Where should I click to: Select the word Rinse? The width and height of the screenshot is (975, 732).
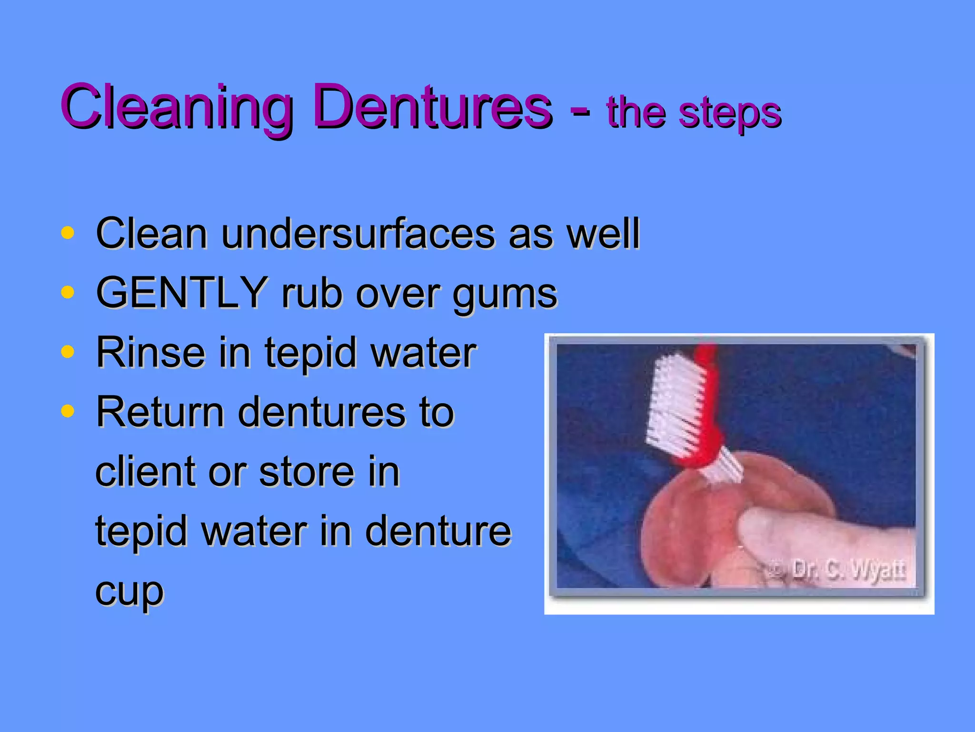[x=150, y=353]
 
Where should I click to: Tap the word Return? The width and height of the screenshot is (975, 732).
[x=160, y=412]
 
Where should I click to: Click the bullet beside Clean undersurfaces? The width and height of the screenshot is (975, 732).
[x=68, y=233]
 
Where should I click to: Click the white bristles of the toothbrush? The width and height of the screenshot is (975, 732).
[x=674, y=400]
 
